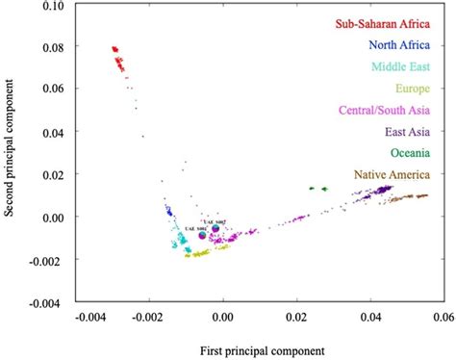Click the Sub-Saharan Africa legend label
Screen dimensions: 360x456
tap(382, 24)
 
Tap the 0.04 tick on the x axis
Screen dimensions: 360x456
tap(370, 316)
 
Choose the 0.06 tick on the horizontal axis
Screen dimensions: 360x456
tap(443, 316)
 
